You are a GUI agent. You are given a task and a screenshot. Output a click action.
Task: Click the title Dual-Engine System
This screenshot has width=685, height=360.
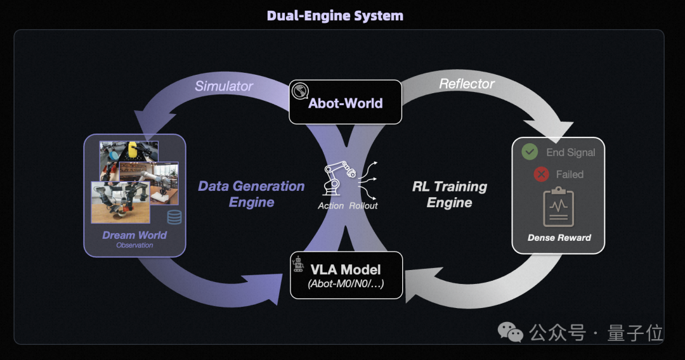(335, 16)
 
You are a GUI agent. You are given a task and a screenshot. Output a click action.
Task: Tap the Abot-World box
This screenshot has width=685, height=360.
(346, 102)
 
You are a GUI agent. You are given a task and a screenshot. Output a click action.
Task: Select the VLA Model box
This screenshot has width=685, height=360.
(346, 275)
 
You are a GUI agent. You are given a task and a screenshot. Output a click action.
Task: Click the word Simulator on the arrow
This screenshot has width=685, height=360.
(224, 86)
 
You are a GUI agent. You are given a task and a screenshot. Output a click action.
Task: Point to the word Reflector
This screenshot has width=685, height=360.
(467, 84)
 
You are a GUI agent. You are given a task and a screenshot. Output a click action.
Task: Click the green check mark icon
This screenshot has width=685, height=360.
(530, 152)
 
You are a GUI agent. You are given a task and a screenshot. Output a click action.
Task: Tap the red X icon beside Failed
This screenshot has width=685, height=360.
(541, 174)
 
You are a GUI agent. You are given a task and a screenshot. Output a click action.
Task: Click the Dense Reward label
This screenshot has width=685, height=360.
(559, 238)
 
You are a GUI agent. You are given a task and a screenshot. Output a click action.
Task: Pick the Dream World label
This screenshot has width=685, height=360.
(134, 235)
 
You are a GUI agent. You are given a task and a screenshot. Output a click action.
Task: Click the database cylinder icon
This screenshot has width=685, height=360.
(174, 217)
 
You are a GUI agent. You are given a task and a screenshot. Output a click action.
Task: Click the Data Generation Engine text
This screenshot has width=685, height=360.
(251, 194)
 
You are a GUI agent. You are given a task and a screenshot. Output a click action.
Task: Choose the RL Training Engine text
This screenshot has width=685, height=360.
(450, 195)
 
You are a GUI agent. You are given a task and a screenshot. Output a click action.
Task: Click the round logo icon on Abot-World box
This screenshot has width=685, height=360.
(299, 91)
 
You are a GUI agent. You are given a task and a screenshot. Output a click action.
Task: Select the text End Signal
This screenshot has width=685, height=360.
(571, 152)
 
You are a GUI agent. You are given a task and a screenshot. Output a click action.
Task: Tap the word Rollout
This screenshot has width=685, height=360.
(363, 205)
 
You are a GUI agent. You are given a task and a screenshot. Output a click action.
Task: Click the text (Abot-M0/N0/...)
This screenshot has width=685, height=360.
(346, 284)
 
